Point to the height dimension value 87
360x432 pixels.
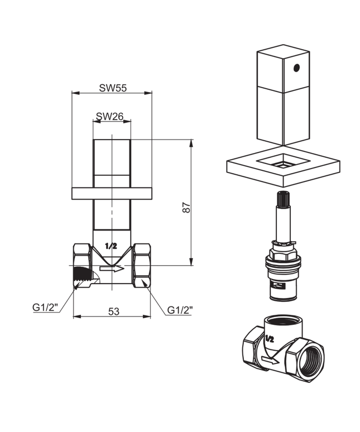point(187,207)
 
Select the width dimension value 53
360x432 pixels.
point(113,311)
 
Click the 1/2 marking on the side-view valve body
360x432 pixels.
point(111,246)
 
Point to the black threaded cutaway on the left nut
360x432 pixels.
point(81,275)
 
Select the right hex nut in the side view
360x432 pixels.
point(142,266)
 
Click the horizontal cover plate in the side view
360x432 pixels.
point(112,193)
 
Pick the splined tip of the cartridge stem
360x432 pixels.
point(283,198)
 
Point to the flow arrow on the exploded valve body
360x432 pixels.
point(270,361)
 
